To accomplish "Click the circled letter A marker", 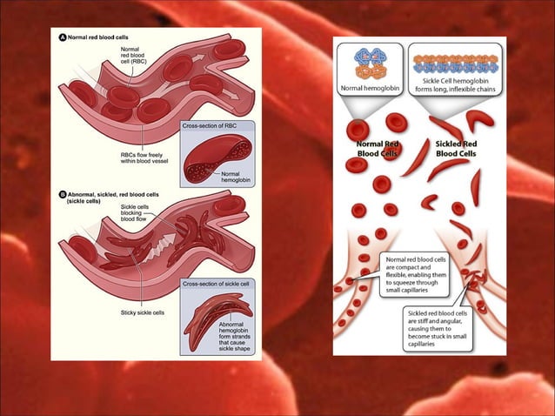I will click(62, 38).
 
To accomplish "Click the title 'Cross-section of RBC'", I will click(212, 127).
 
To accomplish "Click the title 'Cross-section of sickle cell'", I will click(220, 285).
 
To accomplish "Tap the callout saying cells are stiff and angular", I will click(439, 326).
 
